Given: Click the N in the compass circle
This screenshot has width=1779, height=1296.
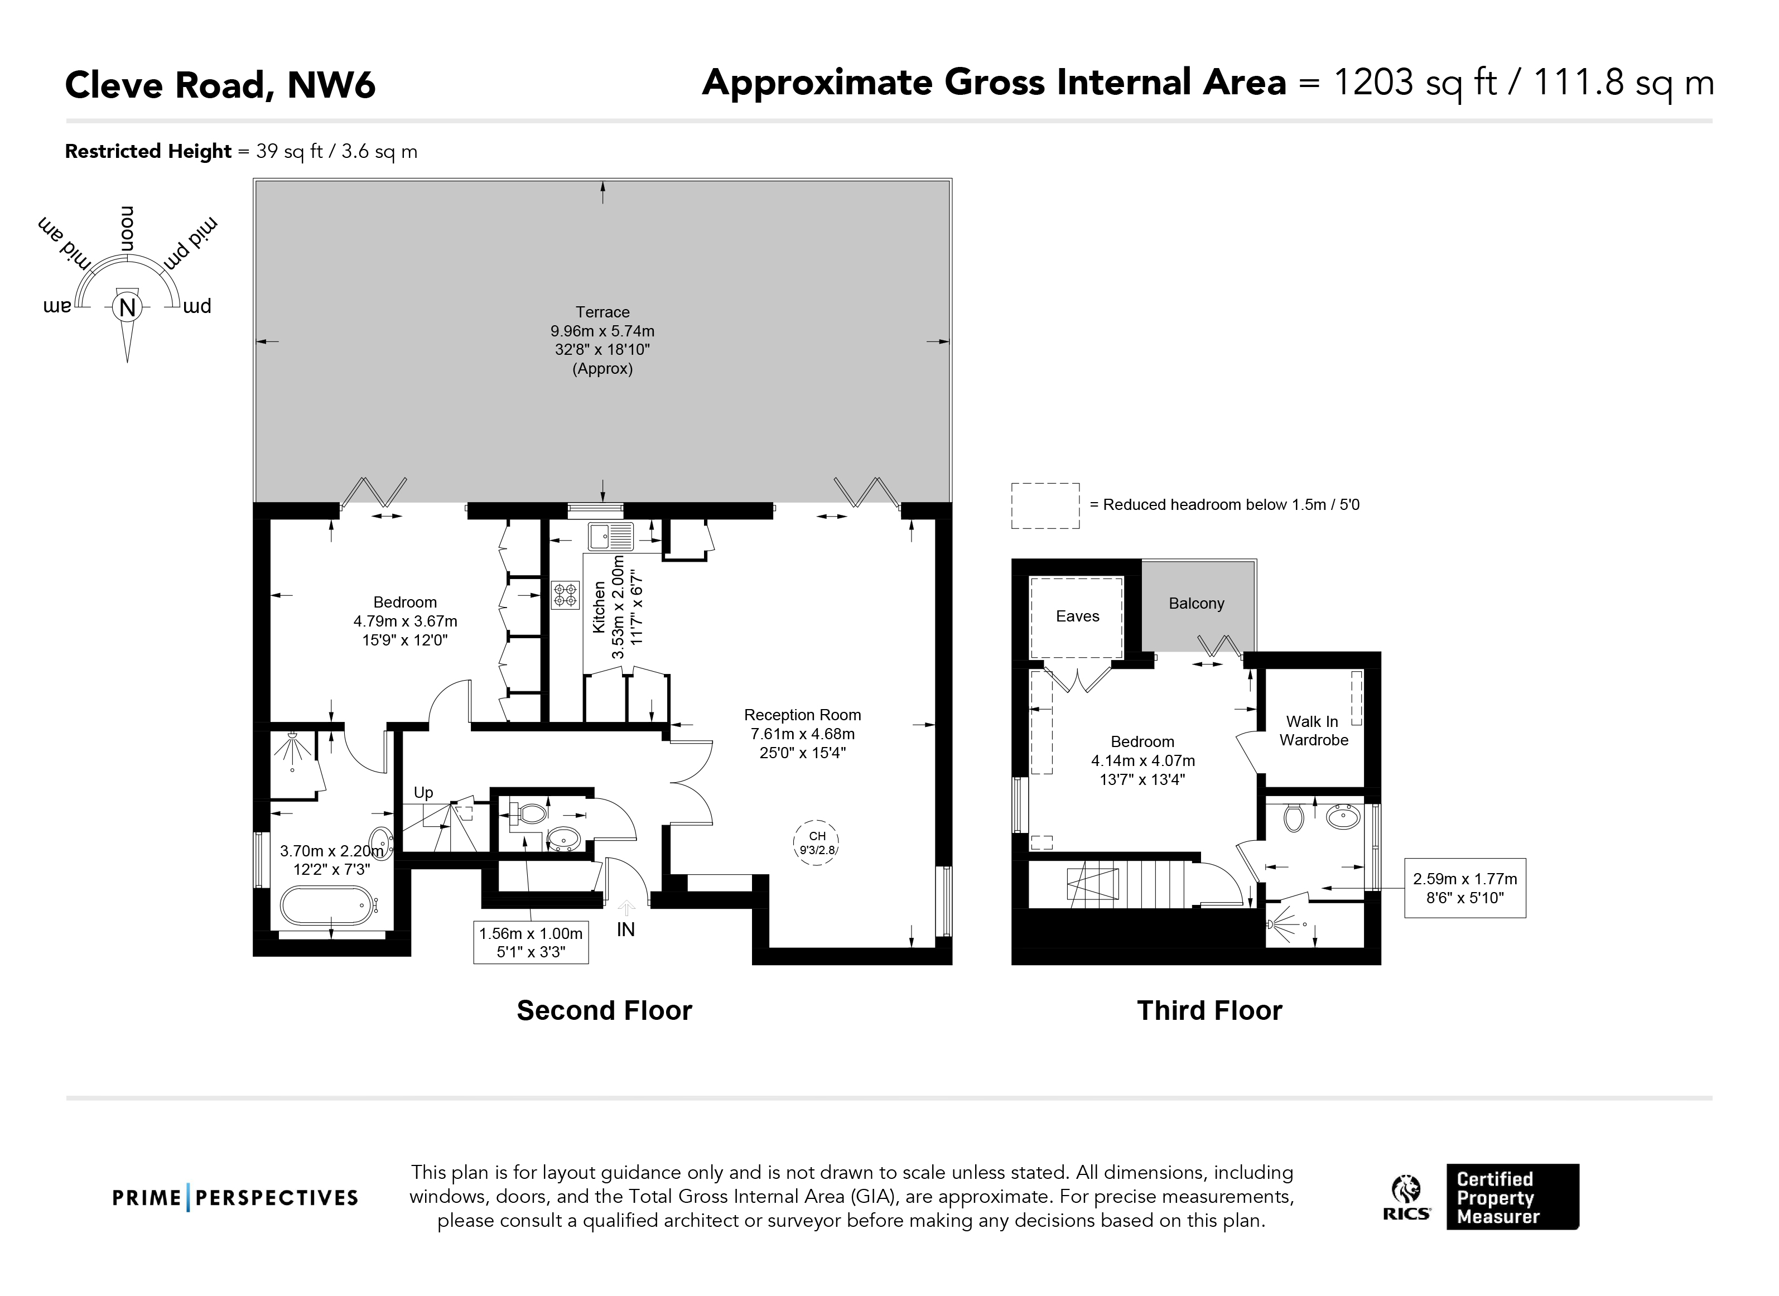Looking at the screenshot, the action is pyautogui.click(x=127, y=307).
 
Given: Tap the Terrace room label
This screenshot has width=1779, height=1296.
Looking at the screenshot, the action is pyautogui.click(x=602, y=312).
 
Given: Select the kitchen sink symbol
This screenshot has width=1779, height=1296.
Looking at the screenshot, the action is pyautogui.click(x=611, y=537).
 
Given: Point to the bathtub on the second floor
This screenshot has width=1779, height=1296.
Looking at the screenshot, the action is pyautogui.click(x=326, y=906).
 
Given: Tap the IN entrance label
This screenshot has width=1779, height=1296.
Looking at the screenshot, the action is pyautogui.click(x=626, y=929).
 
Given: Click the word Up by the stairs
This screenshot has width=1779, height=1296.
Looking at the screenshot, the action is pyautogui.click(x=423, y=792).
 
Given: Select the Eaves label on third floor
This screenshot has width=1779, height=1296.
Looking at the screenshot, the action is pyautogui.click(x=1077, y=616).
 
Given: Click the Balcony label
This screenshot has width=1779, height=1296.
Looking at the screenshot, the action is pyautogui.click(x=1196, y=603).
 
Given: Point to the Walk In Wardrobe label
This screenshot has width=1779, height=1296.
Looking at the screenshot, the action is pyautogui.click(x=1314, y=730).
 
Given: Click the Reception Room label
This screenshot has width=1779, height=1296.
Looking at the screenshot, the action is pyautogui.click(x=802, y=715).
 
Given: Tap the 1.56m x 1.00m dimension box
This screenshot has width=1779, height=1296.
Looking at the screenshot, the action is pyautogui.click(x=531, y=942).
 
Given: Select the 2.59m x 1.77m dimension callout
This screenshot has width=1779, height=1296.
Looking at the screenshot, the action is pyautogui.click(x=1464, y=888).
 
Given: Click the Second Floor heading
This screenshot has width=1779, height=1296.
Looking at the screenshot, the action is pyautogui.click(x=604, y=1010).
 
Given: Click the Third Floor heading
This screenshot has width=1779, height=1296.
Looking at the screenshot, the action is pyautogui.click(x=1209, y=1010).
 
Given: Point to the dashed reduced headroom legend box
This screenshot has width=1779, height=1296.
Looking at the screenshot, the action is pyautogui.click(x=1045, y=506).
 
